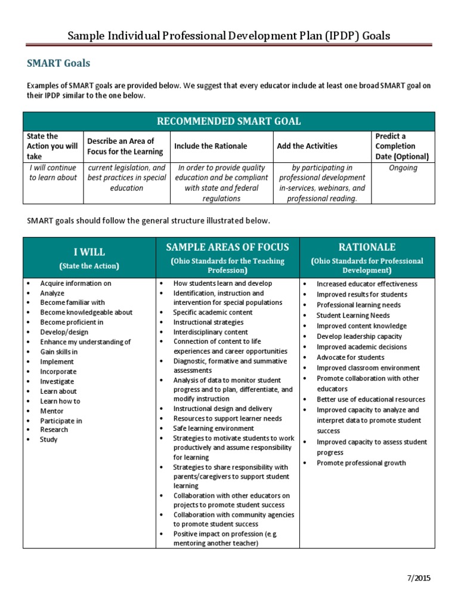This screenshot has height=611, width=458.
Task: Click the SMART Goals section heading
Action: (59, 63)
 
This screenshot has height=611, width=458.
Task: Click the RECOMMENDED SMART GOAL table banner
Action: (228, 122)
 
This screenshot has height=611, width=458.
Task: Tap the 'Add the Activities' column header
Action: (307, 146)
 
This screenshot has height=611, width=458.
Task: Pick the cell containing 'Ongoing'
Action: (403, 168)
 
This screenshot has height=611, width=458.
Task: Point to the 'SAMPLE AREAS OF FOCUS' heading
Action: (228, 247)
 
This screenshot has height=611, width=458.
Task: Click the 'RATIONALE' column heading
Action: (367, 247)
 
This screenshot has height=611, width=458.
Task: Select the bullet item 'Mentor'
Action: (52, 411)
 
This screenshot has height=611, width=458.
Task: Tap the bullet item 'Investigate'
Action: (57, 381)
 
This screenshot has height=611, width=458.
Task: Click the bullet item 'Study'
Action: (49, 440)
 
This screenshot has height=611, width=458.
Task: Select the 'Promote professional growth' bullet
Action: (361, 463)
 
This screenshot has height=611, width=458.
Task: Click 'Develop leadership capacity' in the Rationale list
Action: (359, 337)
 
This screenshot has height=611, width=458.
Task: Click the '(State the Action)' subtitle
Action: (89, 266)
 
